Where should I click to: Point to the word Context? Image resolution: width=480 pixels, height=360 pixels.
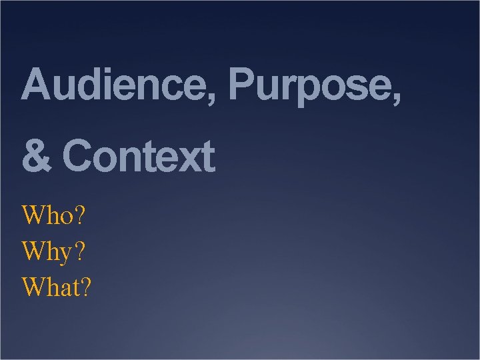[139, 157]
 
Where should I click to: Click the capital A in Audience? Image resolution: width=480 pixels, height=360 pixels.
[36, 85]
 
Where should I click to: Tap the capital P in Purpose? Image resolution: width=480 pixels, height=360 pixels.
[241, 85]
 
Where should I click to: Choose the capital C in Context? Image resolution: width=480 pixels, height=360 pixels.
[77, 157]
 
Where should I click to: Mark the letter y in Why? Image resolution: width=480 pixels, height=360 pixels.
[67, 255]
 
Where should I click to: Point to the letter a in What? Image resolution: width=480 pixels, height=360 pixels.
[67, 291]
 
